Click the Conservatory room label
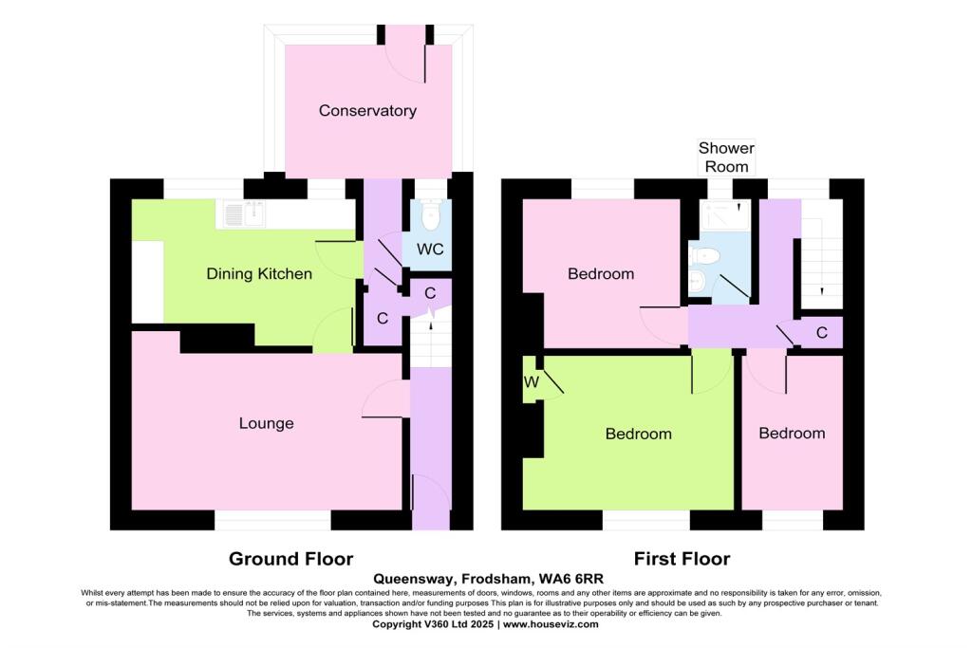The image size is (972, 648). (367, 111)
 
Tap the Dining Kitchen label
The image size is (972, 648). (259, 274)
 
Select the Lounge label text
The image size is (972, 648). (266, 423)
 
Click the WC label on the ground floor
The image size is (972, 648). (430, 250)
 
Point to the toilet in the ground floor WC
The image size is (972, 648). (431, 218)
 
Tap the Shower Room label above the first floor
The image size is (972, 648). (726, 157)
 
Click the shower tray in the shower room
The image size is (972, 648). (724, 218)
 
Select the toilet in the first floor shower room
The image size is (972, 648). (704, 255)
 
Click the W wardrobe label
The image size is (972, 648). (531, 382)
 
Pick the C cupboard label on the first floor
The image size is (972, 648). (822, 333)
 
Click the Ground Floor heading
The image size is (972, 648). (290, 559)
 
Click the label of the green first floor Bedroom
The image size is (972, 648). (638, 434)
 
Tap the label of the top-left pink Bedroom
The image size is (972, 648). (600, 274)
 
